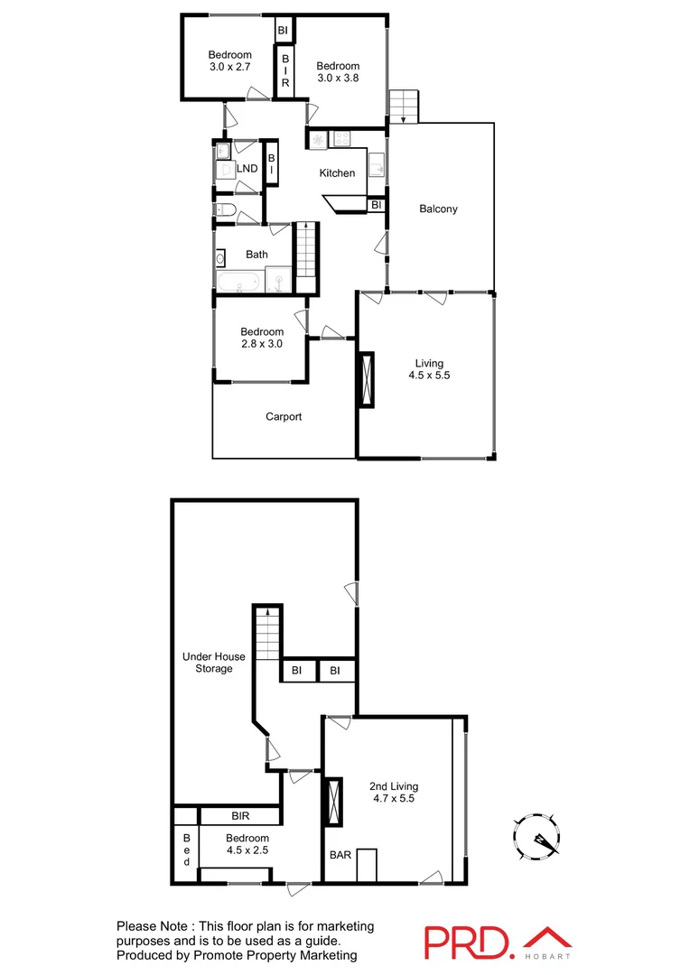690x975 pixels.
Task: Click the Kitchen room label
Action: pyautogui.click(x=337, y=173)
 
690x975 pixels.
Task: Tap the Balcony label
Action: pyautogui.click(x=439, y=209)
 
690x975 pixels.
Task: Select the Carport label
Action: pyautogui.click(x=284, y=417)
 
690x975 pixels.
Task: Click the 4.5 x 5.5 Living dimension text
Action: pyautogui.click(x=429, y=376)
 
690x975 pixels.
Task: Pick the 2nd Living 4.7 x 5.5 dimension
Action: pyautogui.click(x=393, y=798)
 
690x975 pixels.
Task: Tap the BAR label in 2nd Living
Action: pyautogui.click(x=340, y=854)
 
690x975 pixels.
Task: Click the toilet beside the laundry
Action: pyautogui.click(x=227, y=212)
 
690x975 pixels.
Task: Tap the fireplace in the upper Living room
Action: pyautogui.click(x=367, y=379)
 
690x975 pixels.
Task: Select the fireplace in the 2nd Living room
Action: pyautogui.click(x=333, y=801)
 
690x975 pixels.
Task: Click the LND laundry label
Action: pyautogui.click(x=247, y=169)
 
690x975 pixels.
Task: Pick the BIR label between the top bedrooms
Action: pyautogui.click(x=285, y=70)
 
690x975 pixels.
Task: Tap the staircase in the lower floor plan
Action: pyautogui.click(x=267, y=633)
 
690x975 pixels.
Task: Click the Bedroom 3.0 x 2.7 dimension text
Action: pyautogui.click(x=229, y=67)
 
